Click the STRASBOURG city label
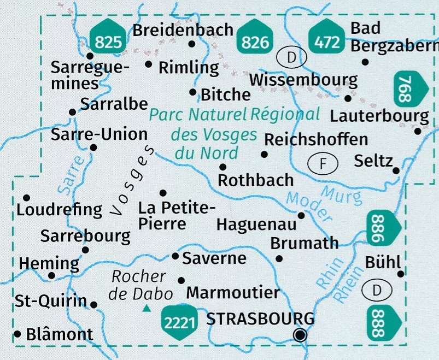click(x=260, y=318)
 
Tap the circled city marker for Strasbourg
click(x=300, y=335)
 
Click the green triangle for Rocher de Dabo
click(x=146, y=309)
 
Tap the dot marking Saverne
click(x=175, y=256)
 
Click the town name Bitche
click(x=226, y=94)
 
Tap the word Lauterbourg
click(x=379, y=116)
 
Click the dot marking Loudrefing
click(x=26, y=197)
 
